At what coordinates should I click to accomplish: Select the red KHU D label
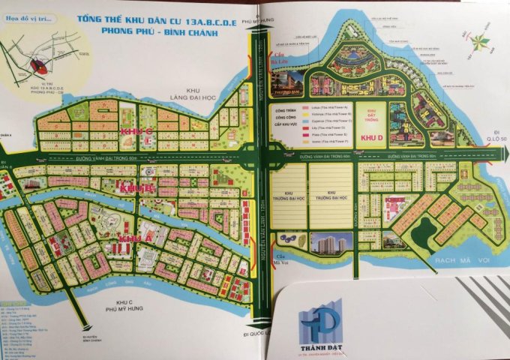pyautogui.click(x=372, y=138)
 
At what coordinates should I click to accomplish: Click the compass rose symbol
pyautogui.click(x=481, y=45)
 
